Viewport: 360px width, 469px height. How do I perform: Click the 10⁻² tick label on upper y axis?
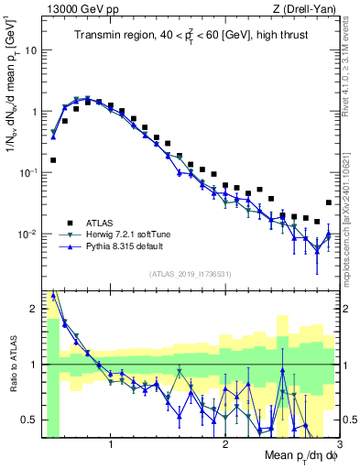(28, 234)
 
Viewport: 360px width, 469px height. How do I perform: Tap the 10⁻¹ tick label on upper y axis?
(28, 173)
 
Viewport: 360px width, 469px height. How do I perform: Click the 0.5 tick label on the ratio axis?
(29, 420)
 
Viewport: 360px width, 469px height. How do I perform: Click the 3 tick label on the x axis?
(338, 445)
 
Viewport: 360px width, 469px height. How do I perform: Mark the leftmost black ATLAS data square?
(53, 160)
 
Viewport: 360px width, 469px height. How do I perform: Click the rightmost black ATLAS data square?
(329, 202)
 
